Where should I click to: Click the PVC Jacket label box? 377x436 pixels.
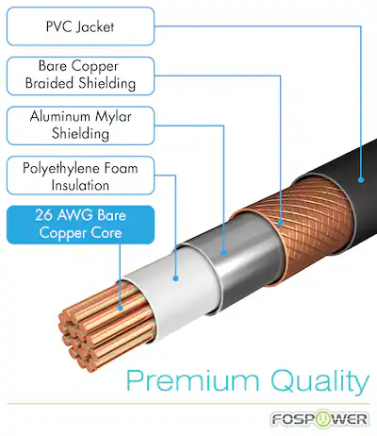[80, 26]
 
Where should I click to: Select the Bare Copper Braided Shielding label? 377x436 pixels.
[80, 75]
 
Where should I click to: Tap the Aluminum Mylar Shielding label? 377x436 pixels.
[80, 126]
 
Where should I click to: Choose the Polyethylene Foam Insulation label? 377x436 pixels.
[80, 176]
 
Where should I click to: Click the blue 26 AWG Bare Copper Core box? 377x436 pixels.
[80, 225]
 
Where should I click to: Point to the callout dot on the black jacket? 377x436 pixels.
[361, 180]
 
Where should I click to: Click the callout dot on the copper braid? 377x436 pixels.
[281, 223]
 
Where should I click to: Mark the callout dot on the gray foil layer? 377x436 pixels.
[223, 252]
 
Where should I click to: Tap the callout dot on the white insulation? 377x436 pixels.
[176, 278]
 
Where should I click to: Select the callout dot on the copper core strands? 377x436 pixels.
[120, 308]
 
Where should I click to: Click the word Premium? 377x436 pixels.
[193, 381]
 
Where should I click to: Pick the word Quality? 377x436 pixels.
[320, 382]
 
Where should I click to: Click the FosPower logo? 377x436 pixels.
[319, 419]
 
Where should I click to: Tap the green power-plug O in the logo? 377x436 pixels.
[324, 419]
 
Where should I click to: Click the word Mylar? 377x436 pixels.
[113, 117]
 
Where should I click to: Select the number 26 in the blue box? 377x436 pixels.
[42, 215]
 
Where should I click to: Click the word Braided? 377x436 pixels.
[50, 83]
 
